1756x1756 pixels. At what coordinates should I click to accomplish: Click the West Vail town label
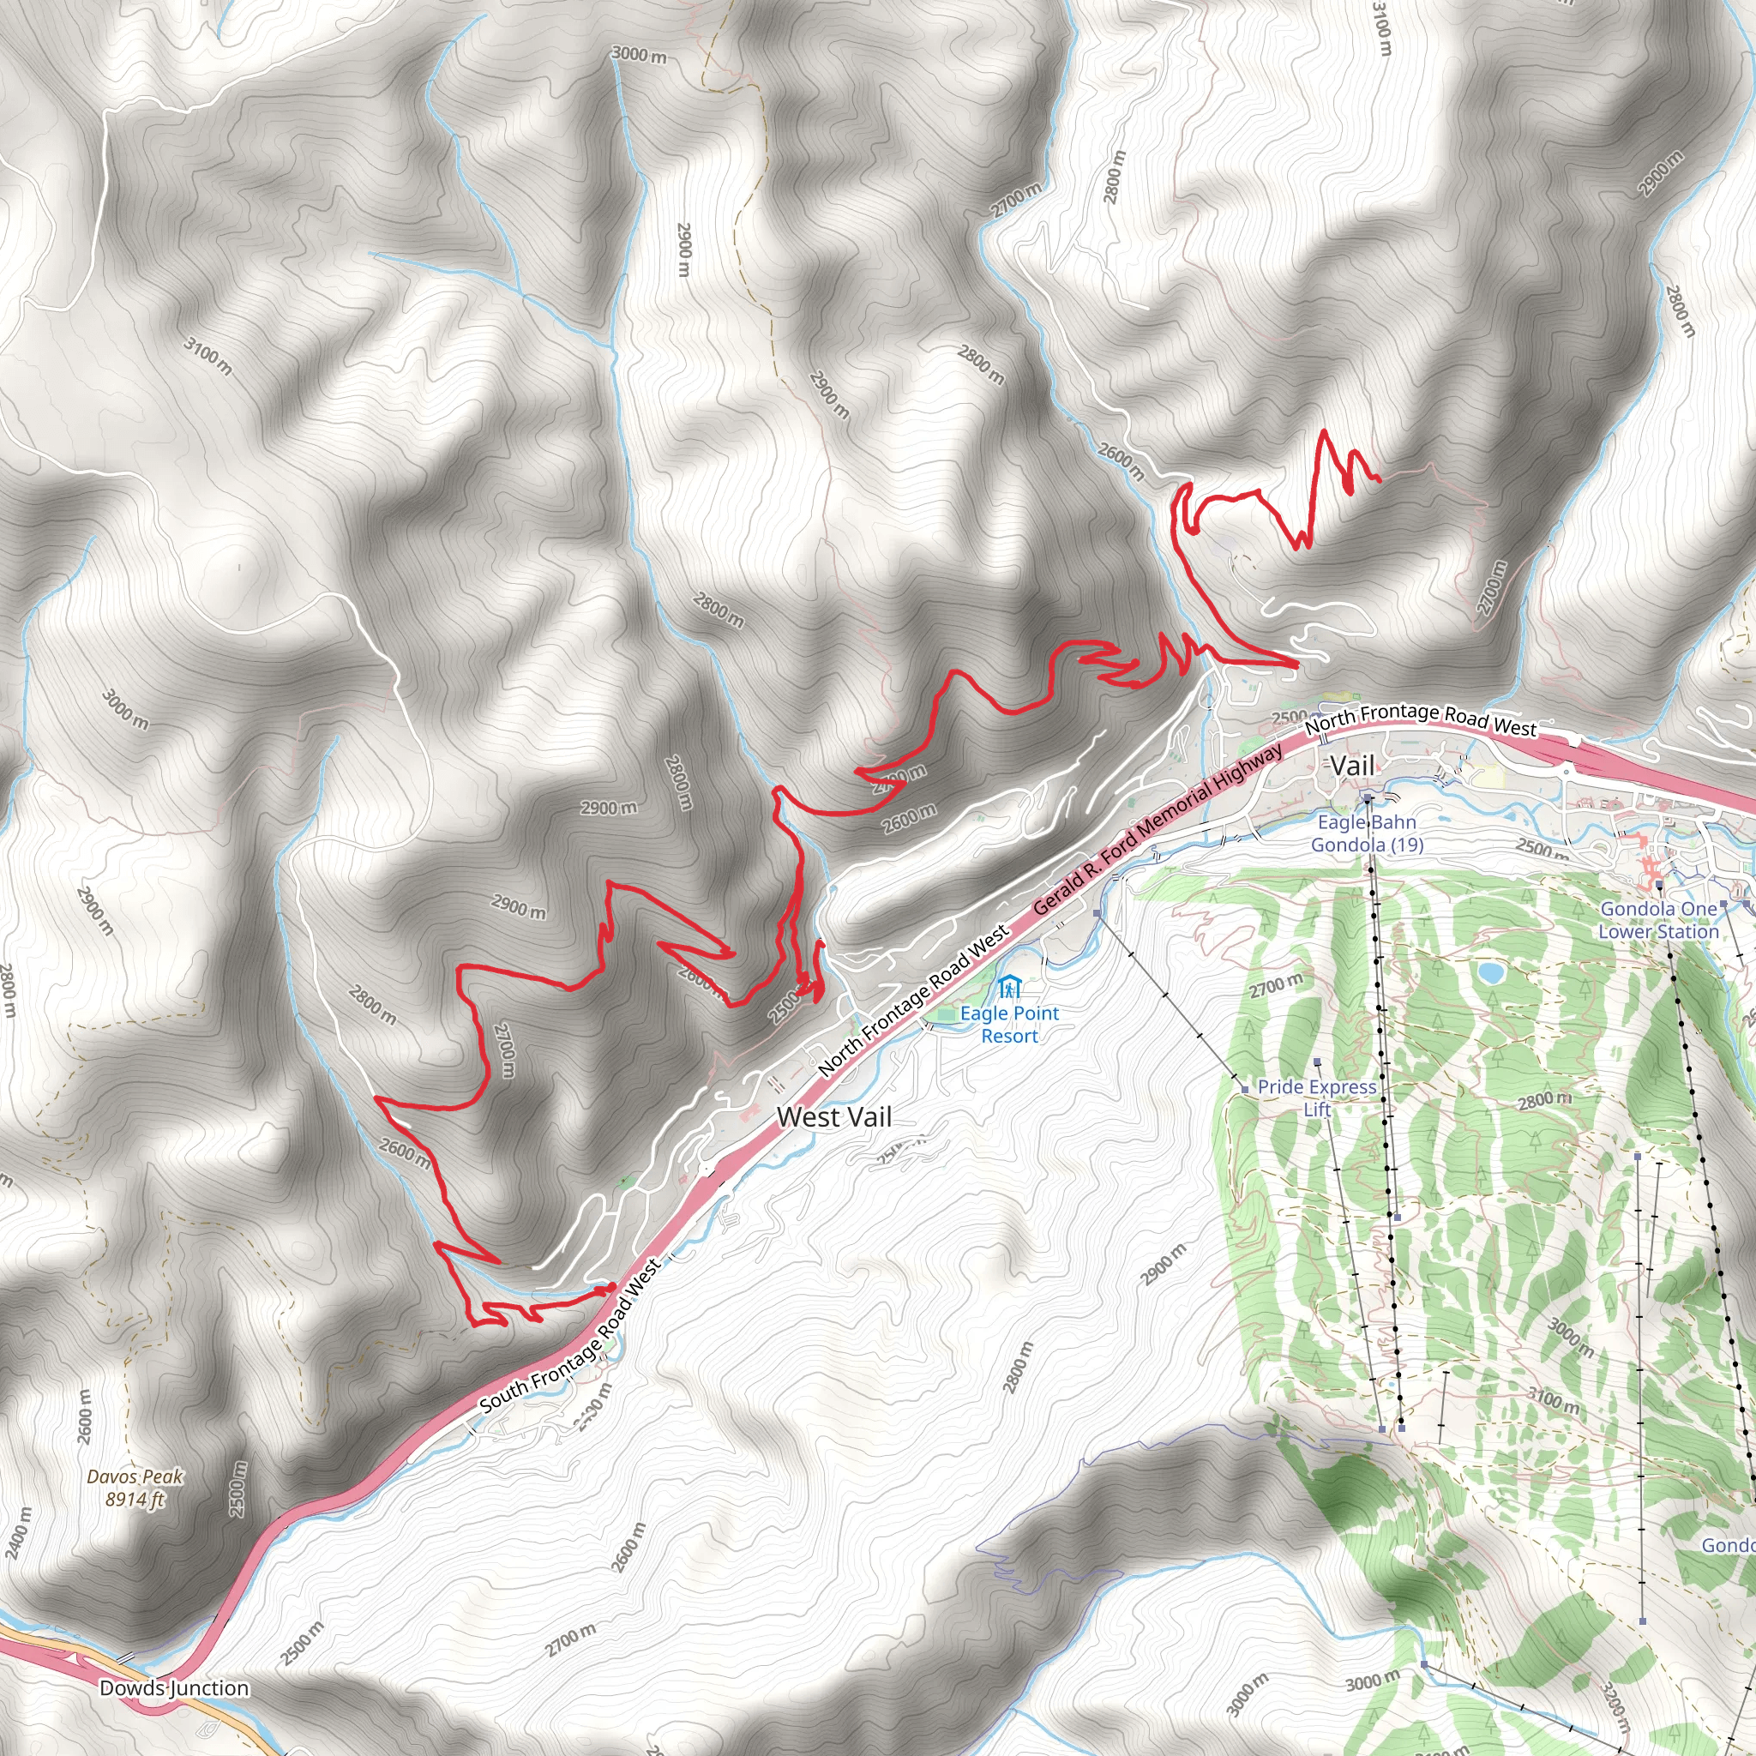[833, 1117]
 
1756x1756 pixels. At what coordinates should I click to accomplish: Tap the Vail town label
[1352, 766]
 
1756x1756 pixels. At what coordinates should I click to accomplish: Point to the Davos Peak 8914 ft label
[135, 1488]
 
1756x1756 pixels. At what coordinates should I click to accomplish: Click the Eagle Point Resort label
[1009, 1025]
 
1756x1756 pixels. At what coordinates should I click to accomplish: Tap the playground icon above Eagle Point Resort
[1009, 987]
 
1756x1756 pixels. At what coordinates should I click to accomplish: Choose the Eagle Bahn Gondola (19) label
[1367, 833]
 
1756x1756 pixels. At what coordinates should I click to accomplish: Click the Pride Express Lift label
[1317, 1097]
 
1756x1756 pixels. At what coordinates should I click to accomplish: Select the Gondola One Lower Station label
[1659, 920]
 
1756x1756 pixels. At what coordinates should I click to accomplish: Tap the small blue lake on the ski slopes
[1489, 973]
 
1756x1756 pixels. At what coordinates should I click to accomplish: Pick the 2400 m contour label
[17, 1532]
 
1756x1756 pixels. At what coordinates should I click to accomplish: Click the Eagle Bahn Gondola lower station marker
[1367, 797]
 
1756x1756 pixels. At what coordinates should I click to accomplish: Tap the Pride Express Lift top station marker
[1317, 1061]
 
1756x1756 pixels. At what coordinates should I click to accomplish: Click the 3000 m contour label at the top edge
[639, 55]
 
